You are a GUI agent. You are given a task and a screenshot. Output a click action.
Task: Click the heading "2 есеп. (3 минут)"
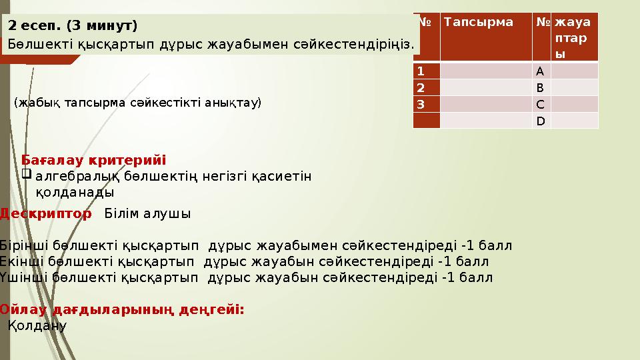coord(73,26)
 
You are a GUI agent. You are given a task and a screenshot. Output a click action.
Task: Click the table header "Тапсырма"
coord(479,22)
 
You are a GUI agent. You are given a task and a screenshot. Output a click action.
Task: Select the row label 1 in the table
coord(421,70)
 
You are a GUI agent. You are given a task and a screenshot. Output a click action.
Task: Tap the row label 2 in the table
coord(421,87)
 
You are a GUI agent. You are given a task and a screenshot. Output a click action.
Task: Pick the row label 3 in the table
coord(421,104)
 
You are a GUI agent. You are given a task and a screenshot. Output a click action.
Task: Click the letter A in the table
coord(540,70)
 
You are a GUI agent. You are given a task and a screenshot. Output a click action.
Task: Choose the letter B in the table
coord(540,87)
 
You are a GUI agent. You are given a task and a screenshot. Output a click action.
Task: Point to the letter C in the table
coord(540,104)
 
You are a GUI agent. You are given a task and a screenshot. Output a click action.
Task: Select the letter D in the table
coord(540,121)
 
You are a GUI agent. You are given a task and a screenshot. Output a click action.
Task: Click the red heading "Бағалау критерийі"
coord(94,161)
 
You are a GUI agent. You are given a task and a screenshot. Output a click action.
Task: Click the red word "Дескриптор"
coord(46,214)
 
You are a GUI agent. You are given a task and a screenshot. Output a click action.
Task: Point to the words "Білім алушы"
coord(147,214)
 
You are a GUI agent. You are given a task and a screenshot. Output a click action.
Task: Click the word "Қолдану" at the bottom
coord(37,326)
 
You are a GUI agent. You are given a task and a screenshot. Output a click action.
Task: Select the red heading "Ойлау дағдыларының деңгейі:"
coord(122,310)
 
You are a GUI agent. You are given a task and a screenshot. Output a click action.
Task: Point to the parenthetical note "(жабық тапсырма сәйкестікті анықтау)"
coord(138,103)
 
